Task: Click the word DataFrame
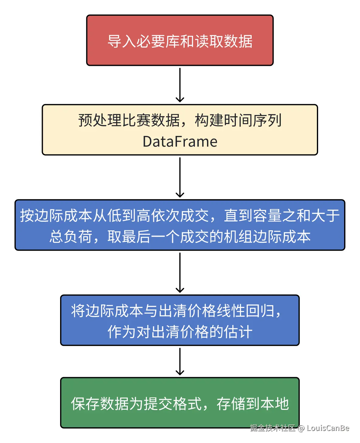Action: pos(180,142)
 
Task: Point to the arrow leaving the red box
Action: pos(180,85)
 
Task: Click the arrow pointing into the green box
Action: pos(180,362)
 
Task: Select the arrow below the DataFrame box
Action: pos(180,178)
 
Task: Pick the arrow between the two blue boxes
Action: pos(180,272)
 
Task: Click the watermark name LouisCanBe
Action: pos(328,428)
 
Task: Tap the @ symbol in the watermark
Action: pos(301,428)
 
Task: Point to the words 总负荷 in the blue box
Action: pos(71,237)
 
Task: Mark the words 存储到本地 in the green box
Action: pos(253,404)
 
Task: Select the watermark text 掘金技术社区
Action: pos(273,428)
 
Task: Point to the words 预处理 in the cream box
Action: pos(100,120)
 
